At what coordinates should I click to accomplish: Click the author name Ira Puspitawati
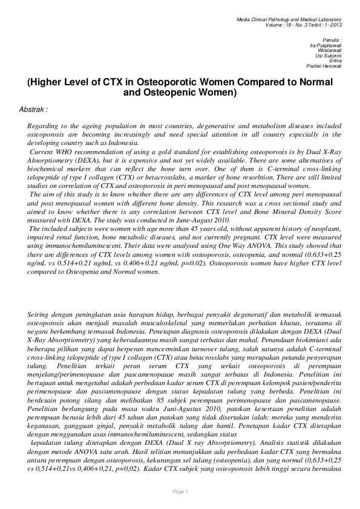(x=325, y=45)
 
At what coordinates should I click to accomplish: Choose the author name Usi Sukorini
(x=329, y=55)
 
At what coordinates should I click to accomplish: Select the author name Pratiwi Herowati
(x=324, y=66)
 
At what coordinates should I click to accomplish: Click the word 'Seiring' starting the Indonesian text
(x=40, y=315)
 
